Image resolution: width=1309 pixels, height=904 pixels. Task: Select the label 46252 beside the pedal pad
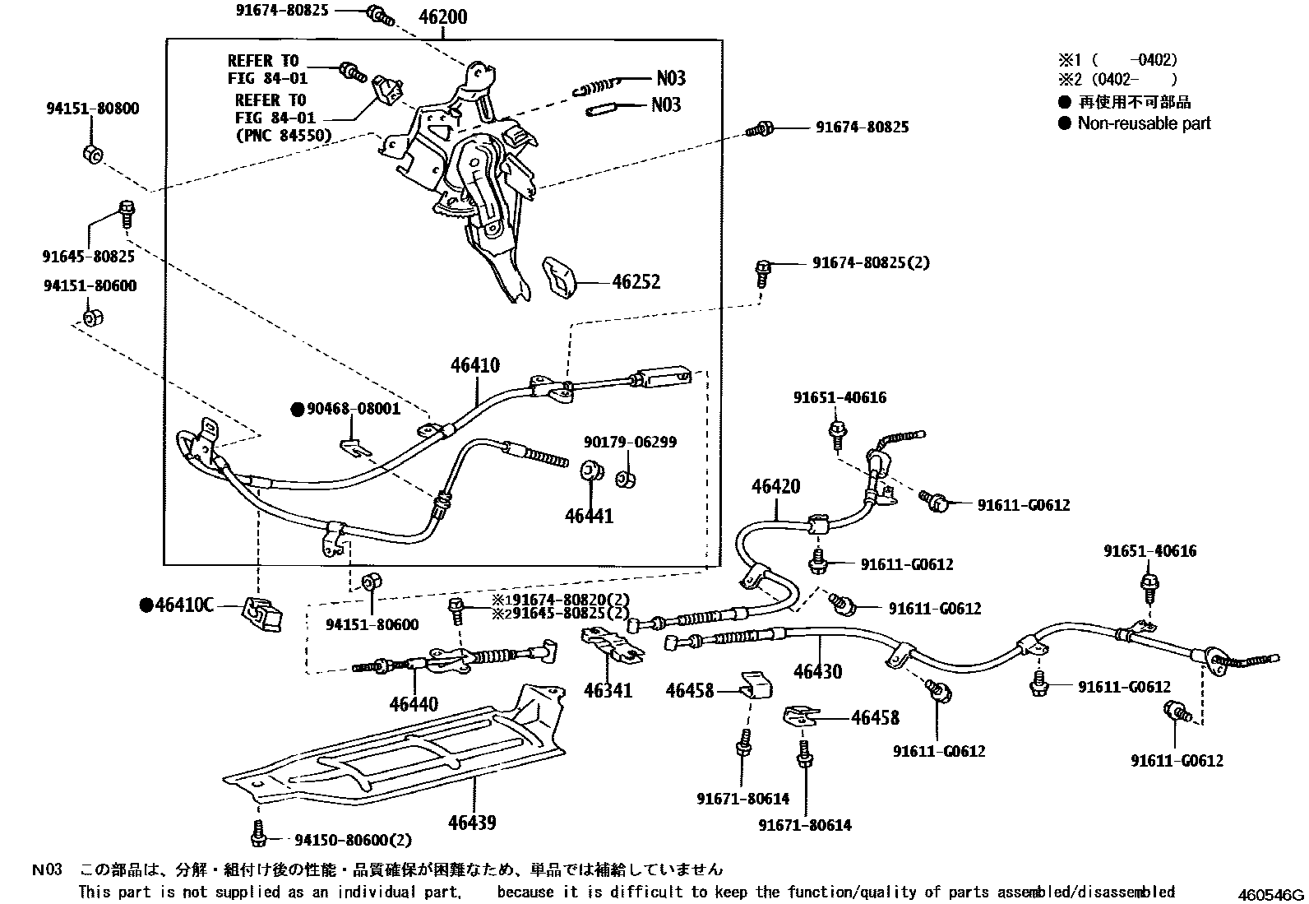point(636,281)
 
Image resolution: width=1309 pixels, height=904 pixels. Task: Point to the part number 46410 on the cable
point(474,365)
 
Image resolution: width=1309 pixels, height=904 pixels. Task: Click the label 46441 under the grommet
point(589,516)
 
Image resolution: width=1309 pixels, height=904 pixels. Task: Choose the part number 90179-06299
point(630,443)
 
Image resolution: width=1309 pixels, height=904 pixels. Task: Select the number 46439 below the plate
point(472,823)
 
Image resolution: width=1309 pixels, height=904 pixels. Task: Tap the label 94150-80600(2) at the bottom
point(353,840)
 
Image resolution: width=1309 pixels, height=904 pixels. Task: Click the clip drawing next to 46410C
point(260,614)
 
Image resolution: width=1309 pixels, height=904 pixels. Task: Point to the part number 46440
point(414,704)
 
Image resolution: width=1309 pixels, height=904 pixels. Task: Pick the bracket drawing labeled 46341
point(612,644)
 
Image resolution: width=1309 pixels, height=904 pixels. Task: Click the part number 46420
point(775,487)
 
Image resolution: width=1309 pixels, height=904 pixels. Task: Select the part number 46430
point(817,671)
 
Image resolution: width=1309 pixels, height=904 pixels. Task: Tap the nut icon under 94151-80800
point(93,155)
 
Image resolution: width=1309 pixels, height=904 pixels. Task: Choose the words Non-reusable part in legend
point(1144,123)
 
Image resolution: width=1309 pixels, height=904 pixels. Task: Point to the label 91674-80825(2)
point(871,262)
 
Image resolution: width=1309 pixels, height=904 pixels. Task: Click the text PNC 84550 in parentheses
point(283,136)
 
